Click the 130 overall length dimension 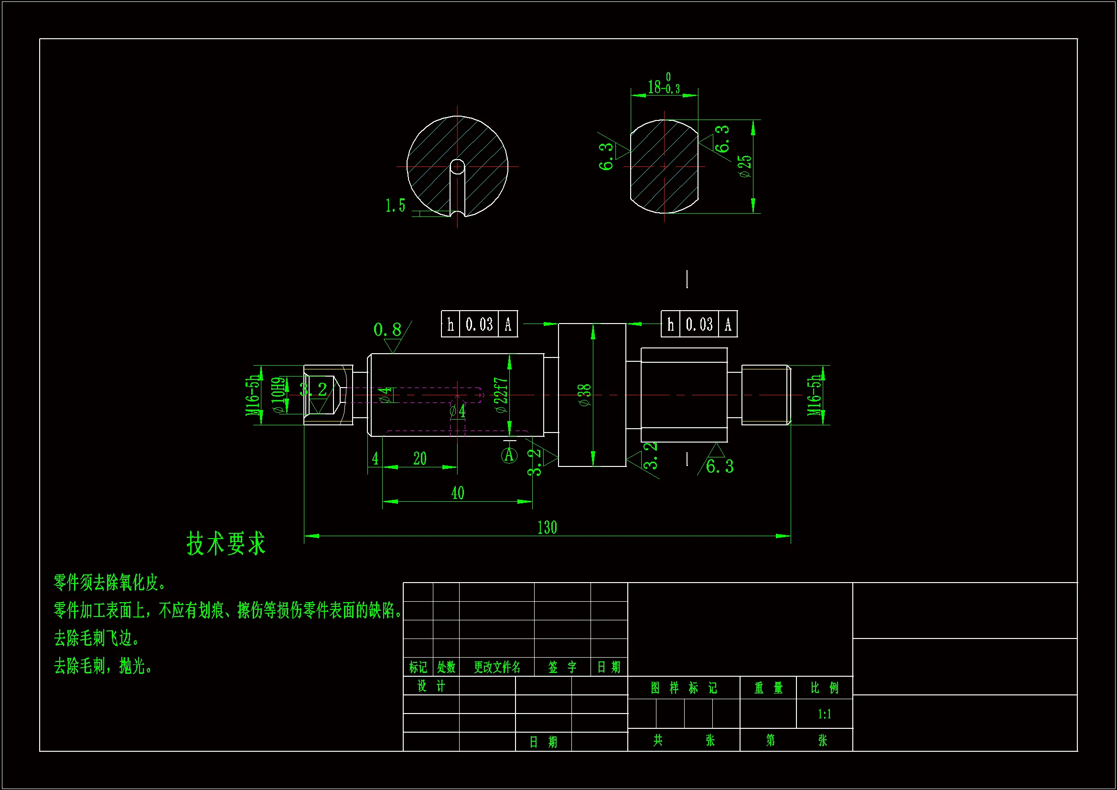[547, 528]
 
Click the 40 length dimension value [457, 493]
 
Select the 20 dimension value [420, 458]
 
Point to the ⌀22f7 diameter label [501, 395]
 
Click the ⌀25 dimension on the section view [745, 166]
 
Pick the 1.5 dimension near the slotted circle [395, 206]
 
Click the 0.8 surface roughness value [387, 330]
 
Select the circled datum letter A [509, 455]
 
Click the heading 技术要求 [226, 543]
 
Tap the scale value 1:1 [824, 714]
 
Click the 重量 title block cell [768, 688]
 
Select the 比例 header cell [824, 688]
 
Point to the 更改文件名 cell [497, 667]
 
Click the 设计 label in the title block [431, 686]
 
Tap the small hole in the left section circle [457, 166]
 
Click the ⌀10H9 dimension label [278, 395]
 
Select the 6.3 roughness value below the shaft [720, 466]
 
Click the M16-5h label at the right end [814, 395]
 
